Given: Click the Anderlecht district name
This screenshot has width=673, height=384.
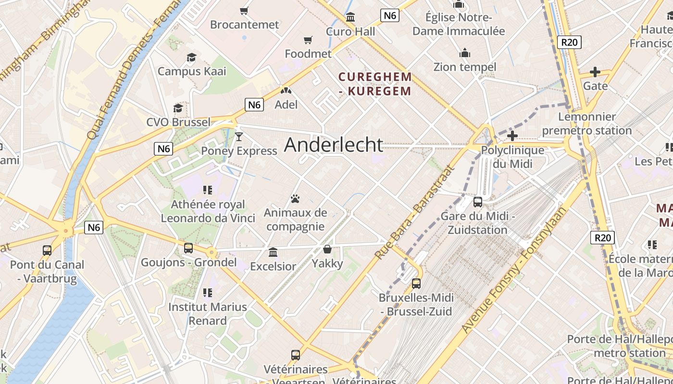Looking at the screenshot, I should [334, 144].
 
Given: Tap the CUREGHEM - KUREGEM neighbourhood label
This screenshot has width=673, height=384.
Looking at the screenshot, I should [375, 84].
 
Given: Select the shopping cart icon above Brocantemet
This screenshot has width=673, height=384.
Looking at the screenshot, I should [244, 11].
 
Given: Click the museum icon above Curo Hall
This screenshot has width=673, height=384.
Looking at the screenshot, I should [350, 17].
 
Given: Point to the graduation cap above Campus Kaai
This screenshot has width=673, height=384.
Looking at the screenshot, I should [192, 58].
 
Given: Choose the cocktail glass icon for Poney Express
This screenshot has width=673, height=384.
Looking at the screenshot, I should [239, 137].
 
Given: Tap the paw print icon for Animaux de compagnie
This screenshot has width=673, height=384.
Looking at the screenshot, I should [295, 199].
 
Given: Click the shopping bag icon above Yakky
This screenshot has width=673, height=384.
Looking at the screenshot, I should [327, 249].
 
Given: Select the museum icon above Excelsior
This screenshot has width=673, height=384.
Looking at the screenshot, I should [273, 252].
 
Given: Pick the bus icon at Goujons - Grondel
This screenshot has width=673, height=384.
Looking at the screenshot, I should [188, 248].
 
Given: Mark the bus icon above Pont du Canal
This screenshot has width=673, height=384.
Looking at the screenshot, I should [47, 251].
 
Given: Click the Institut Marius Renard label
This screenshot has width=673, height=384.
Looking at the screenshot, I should [208, 313].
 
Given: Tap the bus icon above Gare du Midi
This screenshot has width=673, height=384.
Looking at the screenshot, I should [478, 202].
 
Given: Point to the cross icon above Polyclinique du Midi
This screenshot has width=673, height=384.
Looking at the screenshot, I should [512, 136].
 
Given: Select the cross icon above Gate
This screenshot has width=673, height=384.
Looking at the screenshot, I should [595, 72].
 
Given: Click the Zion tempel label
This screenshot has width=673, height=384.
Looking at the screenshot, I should [464, 67].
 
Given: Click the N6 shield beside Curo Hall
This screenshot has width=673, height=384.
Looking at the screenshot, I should [390, 15].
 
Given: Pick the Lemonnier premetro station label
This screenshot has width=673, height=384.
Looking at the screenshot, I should [586, 123].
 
